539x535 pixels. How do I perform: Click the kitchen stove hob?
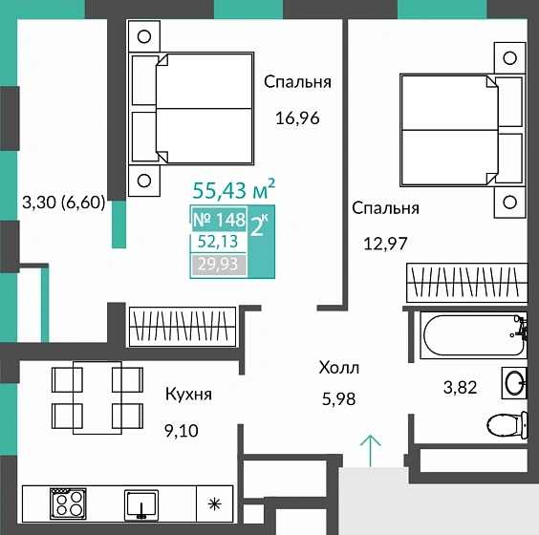[x=68, y=503]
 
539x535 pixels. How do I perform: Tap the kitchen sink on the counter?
[x=141, y=504]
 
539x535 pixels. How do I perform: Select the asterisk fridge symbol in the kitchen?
[x=214, y=504]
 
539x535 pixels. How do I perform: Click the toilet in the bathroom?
[x=507, y=425]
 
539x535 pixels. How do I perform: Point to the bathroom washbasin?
[x=514, y=383]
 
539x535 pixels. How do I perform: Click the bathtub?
[x=473, y=335]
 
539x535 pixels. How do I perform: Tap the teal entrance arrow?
[x=370, y=451]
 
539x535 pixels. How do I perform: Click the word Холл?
[x=339, y=368]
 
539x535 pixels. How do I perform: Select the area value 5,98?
[x=338, y=399]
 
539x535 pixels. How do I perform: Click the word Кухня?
[x=188, y=395]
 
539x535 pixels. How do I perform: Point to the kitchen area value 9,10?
[x=182, y=431]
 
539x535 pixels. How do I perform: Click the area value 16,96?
[x=297, y=118]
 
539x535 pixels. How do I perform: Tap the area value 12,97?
[x=385, y=244]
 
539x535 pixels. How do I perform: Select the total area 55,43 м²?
[x=234, y=190]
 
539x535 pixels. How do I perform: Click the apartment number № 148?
[x=219, y=220]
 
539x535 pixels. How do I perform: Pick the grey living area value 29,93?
[x=218, y=265]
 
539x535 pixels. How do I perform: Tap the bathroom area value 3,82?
[x=460, y=388]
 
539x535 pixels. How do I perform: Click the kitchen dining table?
[x=97, y=397]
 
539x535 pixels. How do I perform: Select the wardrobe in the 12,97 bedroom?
[x=466, y=283]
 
